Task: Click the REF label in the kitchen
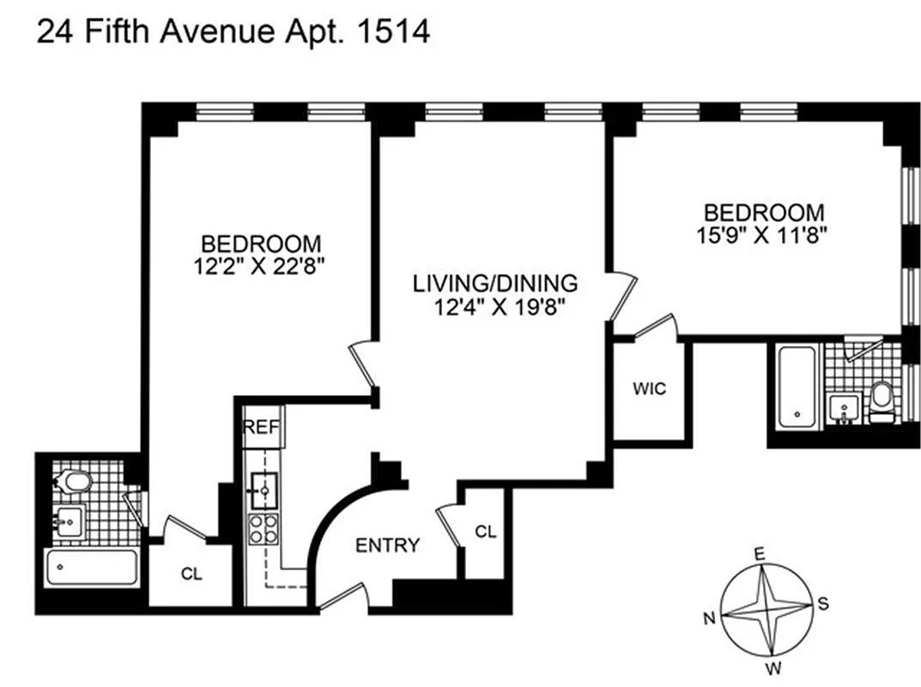click(262, 427)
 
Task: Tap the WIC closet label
click(650, 388)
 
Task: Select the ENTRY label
click(388, 545)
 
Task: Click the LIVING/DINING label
click(495, 283)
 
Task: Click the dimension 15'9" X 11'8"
click(762, 235)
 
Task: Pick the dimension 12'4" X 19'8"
click(500, 307)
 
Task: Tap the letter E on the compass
click(760, 554)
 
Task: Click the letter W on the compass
click(774, 667)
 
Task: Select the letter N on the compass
click(710, 618)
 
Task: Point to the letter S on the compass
click(823, 603)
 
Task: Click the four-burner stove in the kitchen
click(264, 529)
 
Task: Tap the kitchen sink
click(264, 490)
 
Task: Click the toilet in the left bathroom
click(73, 482)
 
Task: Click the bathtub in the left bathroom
click(92, 568)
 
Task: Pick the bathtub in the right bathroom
click(797, 388)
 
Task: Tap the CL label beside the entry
click(486, 532)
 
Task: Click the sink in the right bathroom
click(844, 409)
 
